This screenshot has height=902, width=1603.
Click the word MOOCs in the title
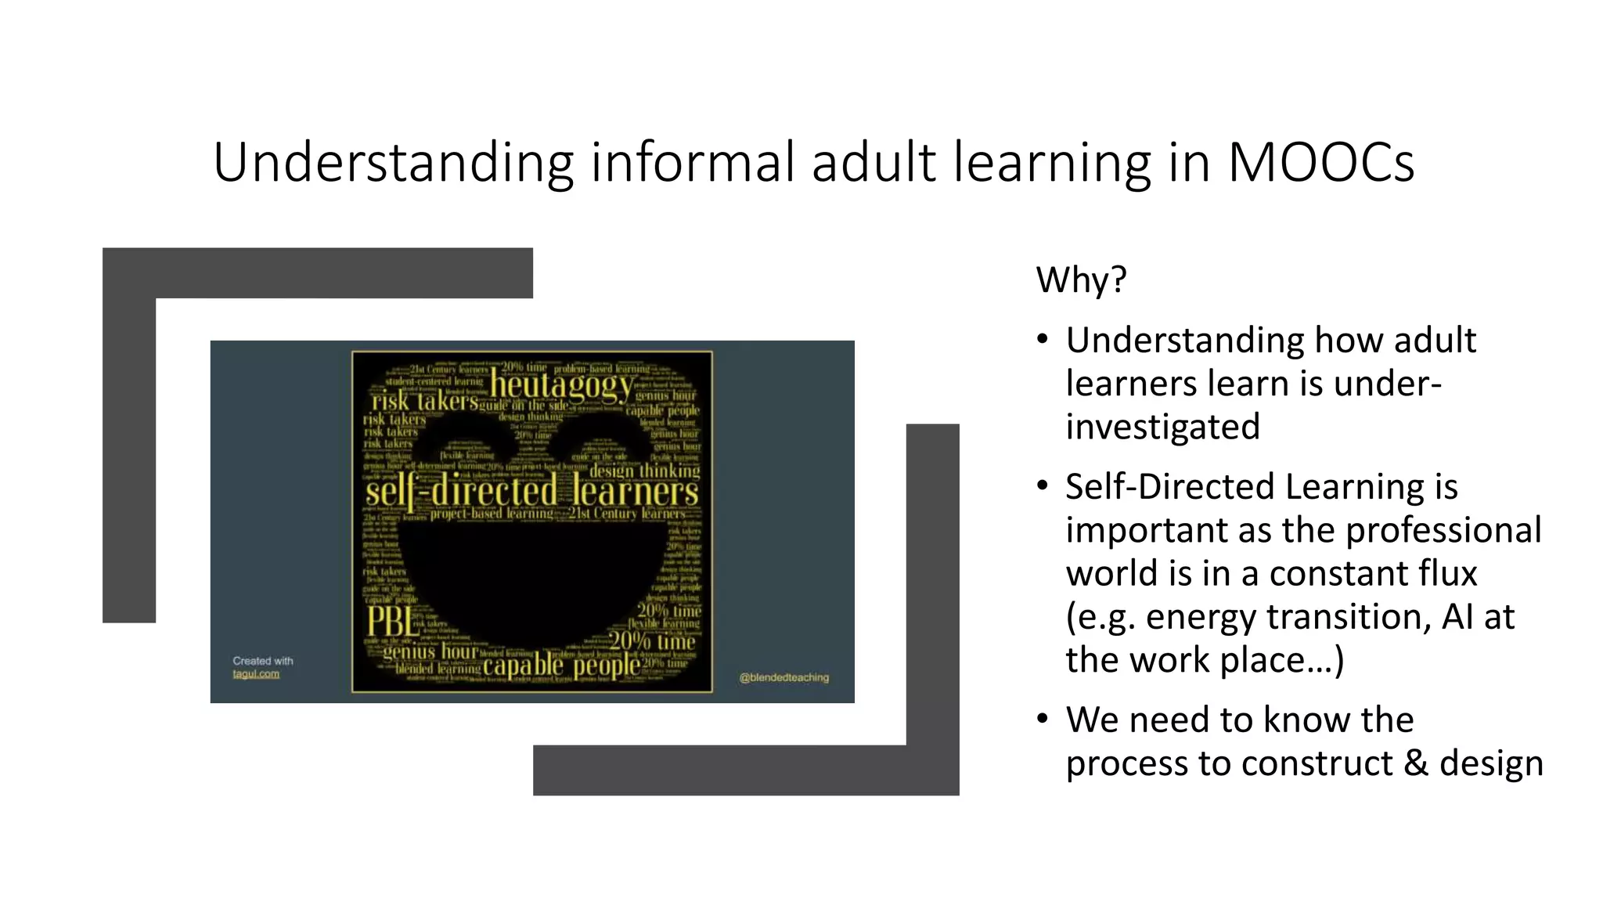pyautogui.click(x=1320, y=163)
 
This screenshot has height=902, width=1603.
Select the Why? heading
pyautogui.click(x=1081, y=280)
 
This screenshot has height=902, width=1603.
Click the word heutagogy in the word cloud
pyautogui.click(x=561, y=385)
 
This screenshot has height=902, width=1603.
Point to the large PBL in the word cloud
pyautogui.click(x=392, y=622)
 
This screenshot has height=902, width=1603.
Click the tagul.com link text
pyautogui.click(x=256, y=674)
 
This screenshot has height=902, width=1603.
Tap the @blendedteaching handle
pyautogui.click(x=783, y=677)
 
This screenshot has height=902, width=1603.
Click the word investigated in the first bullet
pyautogui.click(x=1162, y=428)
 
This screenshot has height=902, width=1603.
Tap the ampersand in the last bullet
pyautogui.click(x=1415, y=763)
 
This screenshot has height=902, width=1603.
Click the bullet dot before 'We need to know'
pyautogui.click(x=1042, y=720)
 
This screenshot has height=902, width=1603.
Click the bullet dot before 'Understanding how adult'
pyautogui.click(x=1042, y=340)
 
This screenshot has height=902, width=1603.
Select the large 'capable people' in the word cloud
pyautogui.click(x=561, y=666)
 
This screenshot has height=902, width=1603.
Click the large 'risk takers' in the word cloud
pyautogui.click(x=424, y=402)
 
